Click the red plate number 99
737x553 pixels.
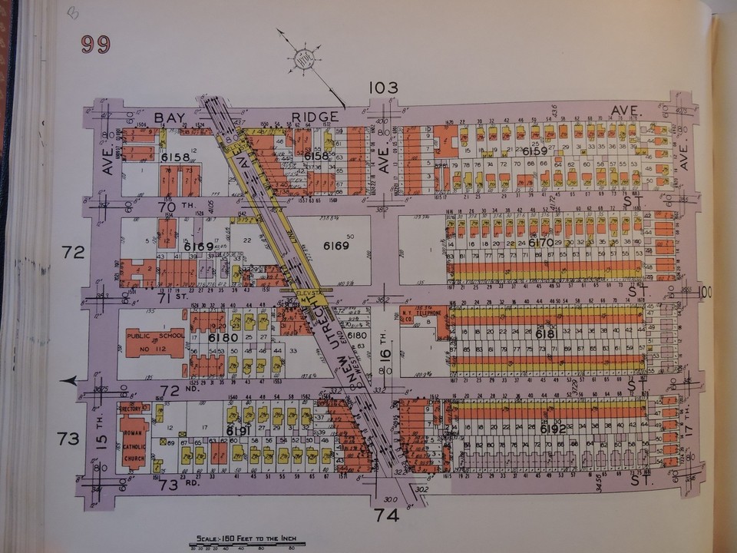[96, 45]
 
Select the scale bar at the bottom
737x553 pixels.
[248, 545]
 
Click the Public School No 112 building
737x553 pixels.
[156, 343]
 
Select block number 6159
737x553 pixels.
[534, 151]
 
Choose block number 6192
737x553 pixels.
[553, 428]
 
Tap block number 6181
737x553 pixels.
[546, 336]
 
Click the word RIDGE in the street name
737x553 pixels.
[308, 117]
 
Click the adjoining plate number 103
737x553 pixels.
[383, 88]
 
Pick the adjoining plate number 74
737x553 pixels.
[388, 515]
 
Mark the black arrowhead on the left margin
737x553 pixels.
[70, 380]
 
